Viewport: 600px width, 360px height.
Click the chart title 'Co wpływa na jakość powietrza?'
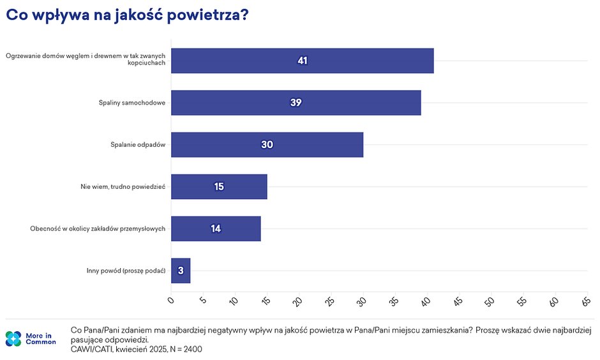click(126, 17)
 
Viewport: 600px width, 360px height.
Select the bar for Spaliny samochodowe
click(296, 102)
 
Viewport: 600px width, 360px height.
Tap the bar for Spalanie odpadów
click(267, 144)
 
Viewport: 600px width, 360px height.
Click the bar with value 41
click(302, 61)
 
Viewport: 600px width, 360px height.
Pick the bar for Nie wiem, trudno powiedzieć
click(219, 186)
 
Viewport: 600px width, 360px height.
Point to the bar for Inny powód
click(181, 271)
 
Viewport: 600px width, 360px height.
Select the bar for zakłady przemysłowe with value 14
click(216, 229)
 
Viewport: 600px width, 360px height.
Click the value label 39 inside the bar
click(296, 102)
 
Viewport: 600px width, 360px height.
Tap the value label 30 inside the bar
click(267, 144)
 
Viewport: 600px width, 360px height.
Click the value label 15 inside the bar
click(219, 186)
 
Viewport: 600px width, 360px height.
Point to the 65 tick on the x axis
click(585, 300)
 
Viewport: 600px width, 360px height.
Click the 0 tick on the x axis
click(170, 299)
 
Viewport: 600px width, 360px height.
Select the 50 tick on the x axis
click(489, 300)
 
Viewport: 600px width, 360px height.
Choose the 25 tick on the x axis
click(329, 300)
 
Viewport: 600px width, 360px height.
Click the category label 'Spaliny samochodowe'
click(132, 103)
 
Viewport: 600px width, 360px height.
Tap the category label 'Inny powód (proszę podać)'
click(126, 271)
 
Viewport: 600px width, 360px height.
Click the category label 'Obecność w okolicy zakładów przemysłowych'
click(98, 229)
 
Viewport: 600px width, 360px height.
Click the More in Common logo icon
click(13, 338)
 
